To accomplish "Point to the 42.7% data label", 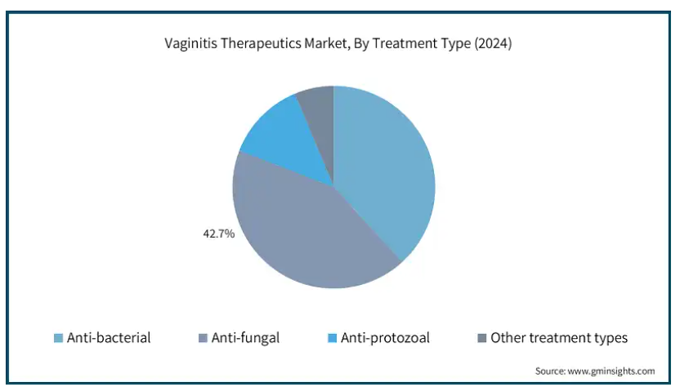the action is pyautogui.click(x=218, y=234).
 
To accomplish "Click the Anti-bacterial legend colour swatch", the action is pyautogui.click(x=58, y=338).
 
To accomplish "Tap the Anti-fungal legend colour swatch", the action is pyautogui.click(x=203, y=338).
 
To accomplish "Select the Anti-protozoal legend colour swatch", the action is pyautogui.click(x=332, y=338).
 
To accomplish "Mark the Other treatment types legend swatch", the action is pyautogui.click(x=482, y=338).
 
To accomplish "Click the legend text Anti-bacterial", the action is pyautogui.click(x=109, y=338).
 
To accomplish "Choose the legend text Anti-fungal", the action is pyautogui.click(x=245, y=338).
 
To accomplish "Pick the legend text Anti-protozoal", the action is pyautogui.click(x=385, y=338).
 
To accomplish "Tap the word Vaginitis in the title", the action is pyautogui.click(x=190, y=43).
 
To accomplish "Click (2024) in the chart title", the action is pyautogui.click(x=493, y=43).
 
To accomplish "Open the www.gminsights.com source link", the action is pyautogui.click(x=611, y=371).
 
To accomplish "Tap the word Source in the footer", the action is pyautogui.click(x=550, y=371).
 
